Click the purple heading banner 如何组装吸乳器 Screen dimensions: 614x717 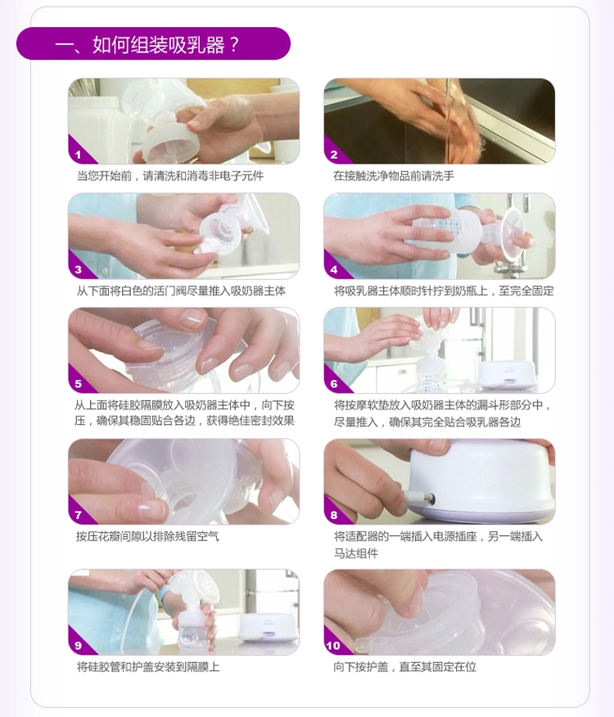(x=153, y=43)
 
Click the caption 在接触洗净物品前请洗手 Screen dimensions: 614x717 (x=394, y=176)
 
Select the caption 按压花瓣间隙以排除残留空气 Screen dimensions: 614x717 (x=147, y=536)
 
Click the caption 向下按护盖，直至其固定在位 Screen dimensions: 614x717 (x=404, y=667)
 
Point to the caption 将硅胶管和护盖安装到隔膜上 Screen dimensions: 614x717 (x=148, y=667)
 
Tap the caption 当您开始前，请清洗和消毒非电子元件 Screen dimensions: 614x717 (x=169, y=176)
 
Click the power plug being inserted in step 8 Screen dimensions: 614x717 (x=418, y=497)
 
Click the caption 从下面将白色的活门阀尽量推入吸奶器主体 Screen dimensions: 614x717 (x=181, y=291)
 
